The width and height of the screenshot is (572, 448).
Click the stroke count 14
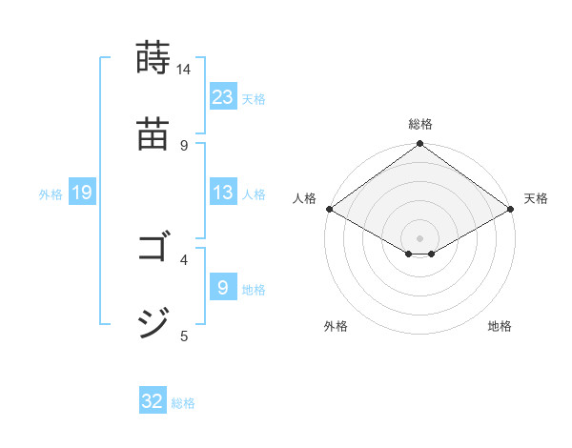pyautogui.click(x=184, y=70)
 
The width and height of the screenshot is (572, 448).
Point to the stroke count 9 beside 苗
pyautogui.click(x=184, y=145)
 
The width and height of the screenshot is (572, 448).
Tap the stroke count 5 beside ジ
pyautogui.click(x=184, y=335)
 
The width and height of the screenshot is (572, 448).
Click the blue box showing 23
pyautogui.click(x=222, y=96)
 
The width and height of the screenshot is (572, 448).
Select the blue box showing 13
pyautogui.click(x=222, y=193)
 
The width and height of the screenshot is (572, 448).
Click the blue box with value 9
pyautogui.click(x=222, y=287)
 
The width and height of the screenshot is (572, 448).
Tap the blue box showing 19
pyautogui.click(x=81, y=193)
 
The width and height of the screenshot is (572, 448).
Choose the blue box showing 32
pyautogui.click(x=153, y=401)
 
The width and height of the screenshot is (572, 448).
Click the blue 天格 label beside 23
pyautogui.click(x=254, y=98)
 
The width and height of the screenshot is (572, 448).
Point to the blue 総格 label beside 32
pyautogui.click(x=183, y=403)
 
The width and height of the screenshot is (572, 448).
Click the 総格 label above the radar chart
pyautogui.click(x=420, y=124)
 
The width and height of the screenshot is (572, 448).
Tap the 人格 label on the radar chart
pyautogui.click(x=305, y=198)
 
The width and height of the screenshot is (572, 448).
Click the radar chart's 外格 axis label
pyautogui.click(x=336, y=326)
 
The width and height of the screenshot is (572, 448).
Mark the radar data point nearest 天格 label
pyautogui.click(x=512, y=209)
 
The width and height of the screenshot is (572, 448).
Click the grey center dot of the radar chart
pyautogui.click(x=420, y=236)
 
